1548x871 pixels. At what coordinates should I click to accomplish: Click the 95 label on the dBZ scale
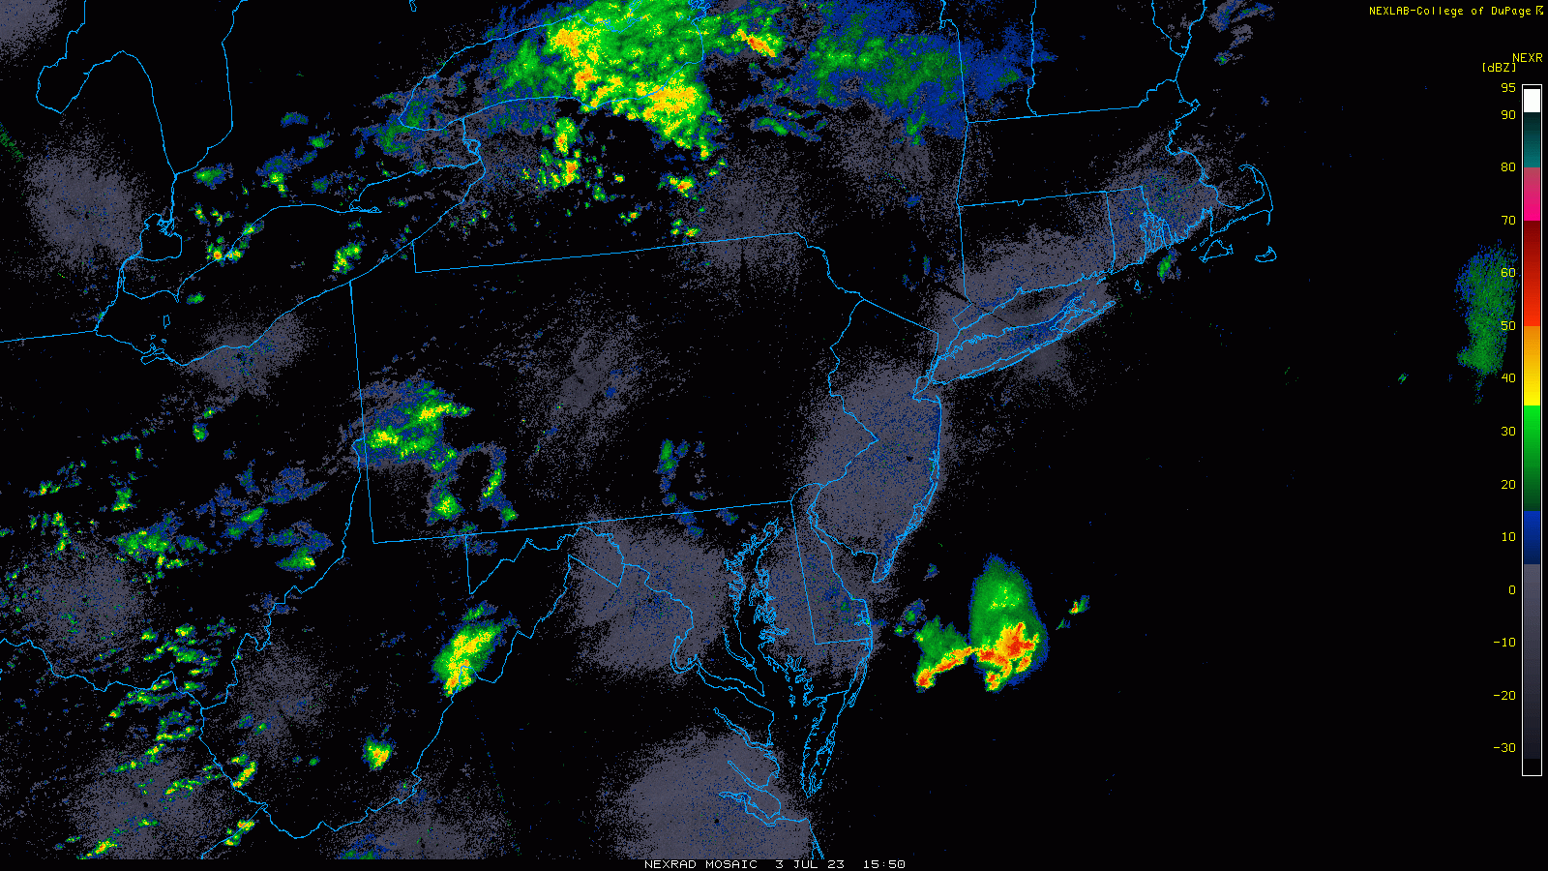coord(1508,87)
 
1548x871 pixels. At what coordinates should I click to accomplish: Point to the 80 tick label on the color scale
coord(1508,167)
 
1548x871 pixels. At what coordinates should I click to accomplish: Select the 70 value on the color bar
coord(1508,221)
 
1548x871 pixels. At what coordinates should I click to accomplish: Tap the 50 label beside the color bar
coord(1508,326)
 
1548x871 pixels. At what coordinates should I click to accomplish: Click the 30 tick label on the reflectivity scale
coord(1508,432)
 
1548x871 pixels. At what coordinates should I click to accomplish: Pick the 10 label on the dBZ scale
coord(1508,537)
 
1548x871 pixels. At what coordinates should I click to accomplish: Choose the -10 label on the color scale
coord(1505,643)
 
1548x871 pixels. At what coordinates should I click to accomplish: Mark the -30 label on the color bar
coord(1505,748)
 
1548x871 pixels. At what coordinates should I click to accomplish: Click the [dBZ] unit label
coord(1499,68)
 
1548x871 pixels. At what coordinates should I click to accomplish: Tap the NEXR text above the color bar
coord(1527,58)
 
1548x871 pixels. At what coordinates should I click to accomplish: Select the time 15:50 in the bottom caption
coord(884,864)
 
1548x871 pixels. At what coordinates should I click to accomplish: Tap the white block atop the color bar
coord(1532,101)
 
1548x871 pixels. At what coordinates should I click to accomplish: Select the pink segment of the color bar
coord(1532,194)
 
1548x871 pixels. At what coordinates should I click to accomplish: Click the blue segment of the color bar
coord(1532,537)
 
